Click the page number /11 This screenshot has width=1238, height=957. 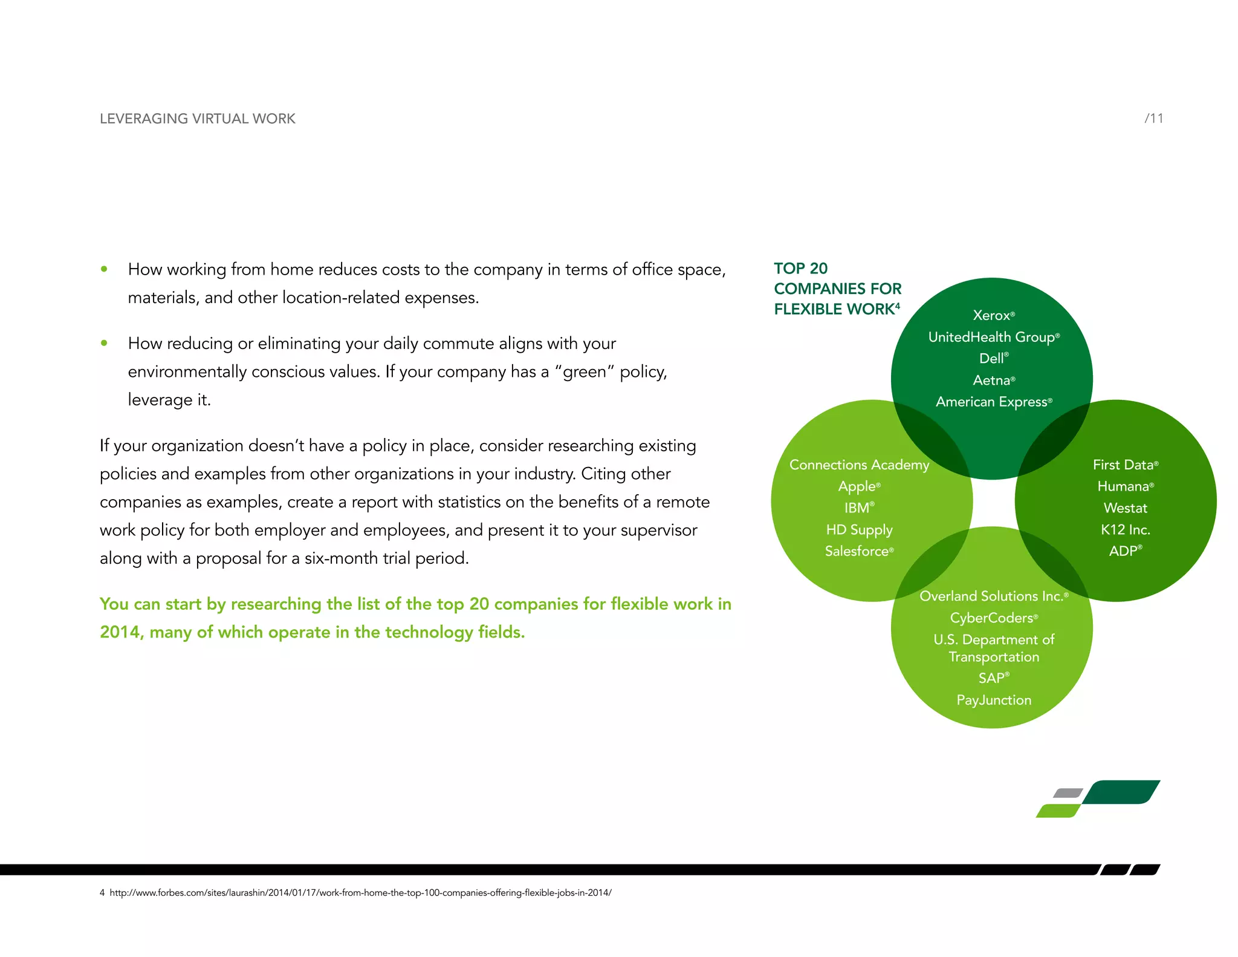point(1153,119)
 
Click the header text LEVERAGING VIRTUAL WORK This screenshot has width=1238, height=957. point(197,119)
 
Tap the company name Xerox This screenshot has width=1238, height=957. point(992,315)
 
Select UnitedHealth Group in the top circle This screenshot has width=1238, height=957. point(993,337)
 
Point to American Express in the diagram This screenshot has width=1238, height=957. point(993,402)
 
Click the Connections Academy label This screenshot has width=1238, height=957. point(858,465)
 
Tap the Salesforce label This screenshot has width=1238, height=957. point(858,551)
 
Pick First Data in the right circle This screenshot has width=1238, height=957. point(1124,465)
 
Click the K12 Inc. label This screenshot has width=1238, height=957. point(1125,529)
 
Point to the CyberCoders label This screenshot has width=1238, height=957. point(993,618)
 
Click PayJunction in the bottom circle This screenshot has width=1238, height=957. point(993,700)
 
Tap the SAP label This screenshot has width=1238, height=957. point(993,678)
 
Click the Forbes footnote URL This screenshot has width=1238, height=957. point(360,893)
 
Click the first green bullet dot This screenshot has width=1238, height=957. point(105,269)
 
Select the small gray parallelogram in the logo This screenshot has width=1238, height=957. point(1068,792)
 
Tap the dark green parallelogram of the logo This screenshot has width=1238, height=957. point(1121,792)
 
